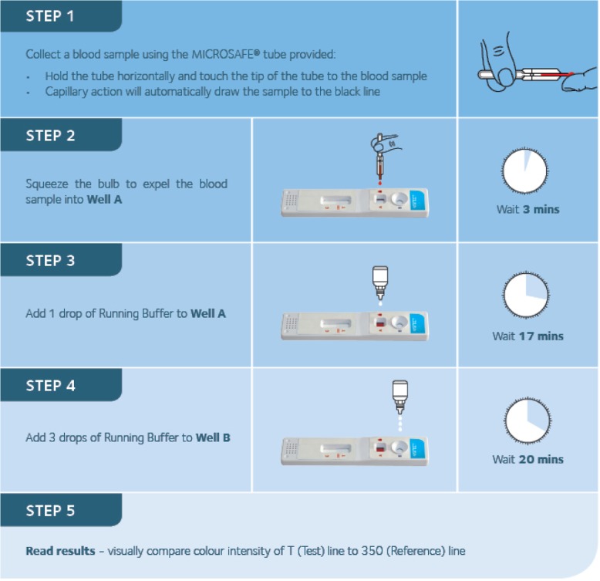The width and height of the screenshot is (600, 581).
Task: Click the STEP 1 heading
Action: tap(50, 16)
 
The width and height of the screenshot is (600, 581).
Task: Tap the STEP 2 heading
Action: tap(50, 136)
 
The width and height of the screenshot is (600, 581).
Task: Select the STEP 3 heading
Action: tap(50, 261)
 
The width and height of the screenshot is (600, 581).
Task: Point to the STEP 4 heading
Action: tap(50, 386)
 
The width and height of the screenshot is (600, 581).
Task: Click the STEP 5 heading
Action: tap(50, 511)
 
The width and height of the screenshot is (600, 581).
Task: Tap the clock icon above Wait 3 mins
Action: tap(524, 171)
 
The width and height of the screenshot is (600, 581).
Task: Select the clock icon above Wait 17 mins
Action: tap(526, 295)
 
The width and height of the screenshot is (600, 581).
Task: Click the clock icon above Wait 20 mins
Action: tap(528, 421)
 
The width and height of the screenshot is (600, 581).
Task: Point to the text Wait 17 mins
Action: tap(528, 336)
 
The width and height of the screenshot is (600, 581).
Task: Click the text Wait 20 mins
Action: tap(528, 459)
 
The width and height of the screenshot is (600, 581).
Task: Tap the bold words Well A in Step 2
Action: tap(104, 199)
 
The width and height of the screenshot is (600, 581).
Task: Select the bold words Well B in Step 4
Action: tap(213, 437)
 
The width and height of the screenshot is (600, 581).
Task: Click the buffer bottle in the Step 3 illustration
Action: tap(380, 283)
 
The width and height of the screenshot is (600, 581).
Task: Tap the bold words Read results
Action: tap(60, 551)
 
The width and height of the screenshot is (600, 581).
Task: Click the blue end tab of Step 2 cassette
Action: tap(418, 200)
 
